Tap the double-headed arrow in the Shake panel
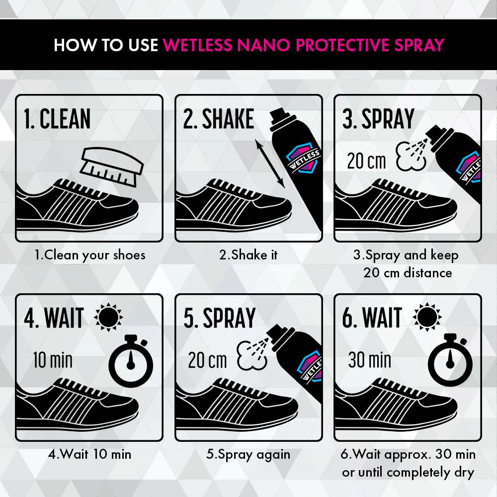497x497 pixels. pos(270,165)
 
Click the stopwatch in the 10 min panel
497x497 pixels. pos(131,361)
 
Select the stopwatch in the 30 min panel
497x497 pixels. pos(450,360)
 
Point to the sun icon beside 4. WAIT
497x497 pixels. pos(108,317)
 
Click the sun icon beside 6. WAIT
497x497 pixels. pos(427,317)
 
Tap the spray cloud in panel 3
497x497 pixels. pos(411,156)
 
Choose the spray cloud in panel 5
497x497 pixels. pos(252,355)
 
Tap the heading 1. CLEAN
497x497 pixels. pos(57,119)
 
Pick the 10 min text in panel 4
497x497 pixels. pos(53,360)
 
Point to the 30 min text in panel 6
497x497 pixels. pos(370,360)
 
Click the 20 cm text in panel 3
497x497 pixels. pos(366,161)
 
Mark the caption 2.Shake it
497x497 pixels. pos(248,255)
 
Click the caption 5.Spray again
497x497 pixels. pos(248,455)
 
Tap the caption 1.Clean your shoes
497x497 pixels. pos(90,255)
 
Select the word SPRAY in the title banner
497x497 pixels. pos(419,45)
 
